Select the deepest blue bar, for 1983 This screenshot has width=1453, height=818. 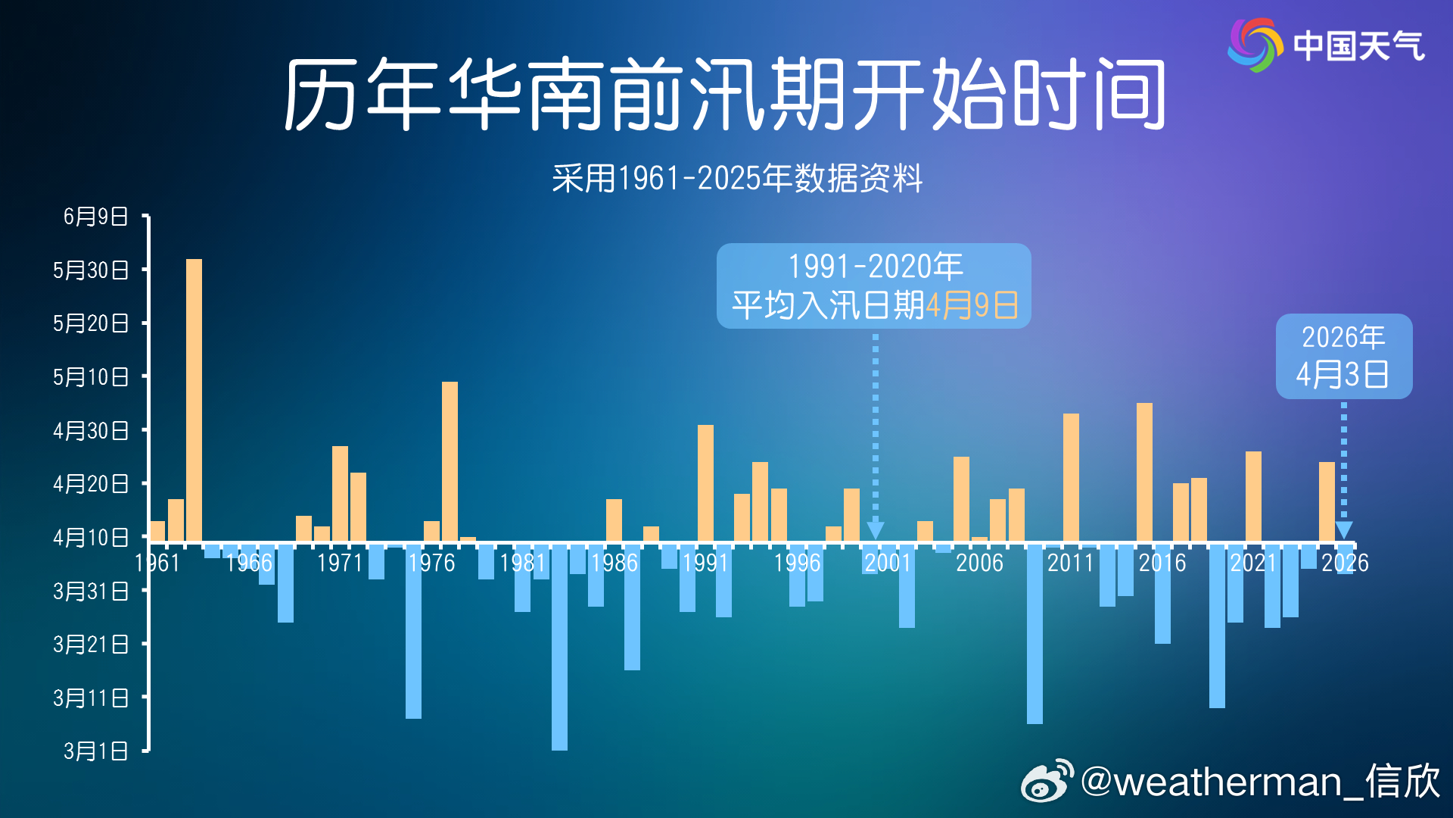[559, 647]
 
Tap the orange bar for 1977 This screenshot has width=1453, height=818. [450, 461]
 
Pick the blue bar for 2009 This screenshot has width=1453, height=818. [1035, 633]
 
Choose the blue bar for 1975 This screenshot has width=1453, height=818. [413, 631]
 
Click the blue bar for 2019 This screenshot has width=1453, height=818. [1217, 626]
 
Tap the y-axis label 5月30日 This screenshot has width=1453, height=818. [91, 270]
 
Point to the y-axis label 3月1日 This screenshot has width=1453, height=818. [96, 751]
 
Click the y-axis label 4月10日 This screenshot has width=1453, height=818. [91, 538]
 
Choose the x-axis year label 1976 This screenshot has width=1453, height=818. [431, 563]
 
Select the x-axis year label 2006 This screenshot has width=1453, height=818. [979, 563]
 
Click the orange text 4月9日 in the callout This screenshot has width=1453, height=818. [972, 306]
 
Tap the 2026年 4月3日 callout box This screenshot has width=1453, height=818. [1343, 356]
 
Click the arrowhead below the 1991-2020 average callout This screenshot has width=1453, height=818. [876, 529]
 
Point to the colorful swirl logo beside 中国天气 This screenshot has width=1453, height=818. [1255, 45]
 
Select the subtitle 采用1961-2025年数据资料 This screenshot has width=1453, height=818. [737, 179]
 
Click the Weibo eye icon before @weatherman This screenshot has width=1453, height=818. [1047, 782]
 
